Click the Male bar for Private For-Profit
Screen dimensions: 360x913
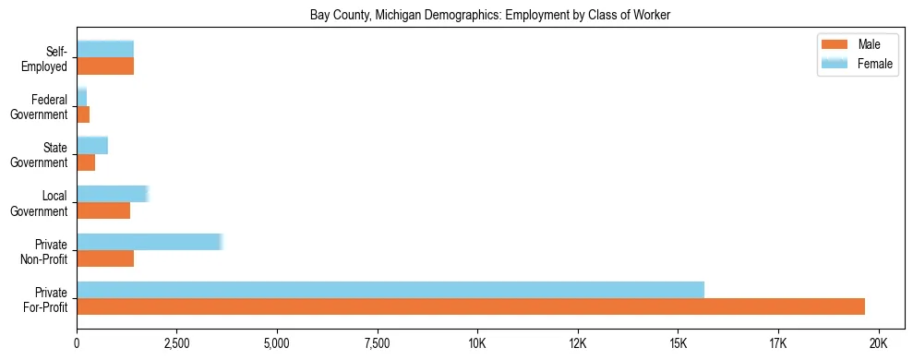tap(471, 306)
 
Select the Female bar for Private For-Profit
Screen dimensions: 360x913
tap(390, 289)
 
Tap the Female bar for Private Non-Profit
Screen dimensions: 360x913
tap(150, 241)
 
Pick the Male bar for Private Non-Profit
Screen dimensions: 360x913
tap(105, 258)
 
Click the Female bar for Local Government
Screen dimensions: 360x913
tap(112, 193)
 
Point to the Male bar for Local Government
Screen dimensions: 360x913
tap(103, 210)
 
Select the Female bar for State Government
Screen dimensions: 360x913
tap(92, 145)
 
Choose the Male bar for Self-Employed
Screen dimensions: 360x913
tap(105, 66)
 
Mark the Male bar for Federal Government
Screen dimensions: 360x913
tap(83, 114)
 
